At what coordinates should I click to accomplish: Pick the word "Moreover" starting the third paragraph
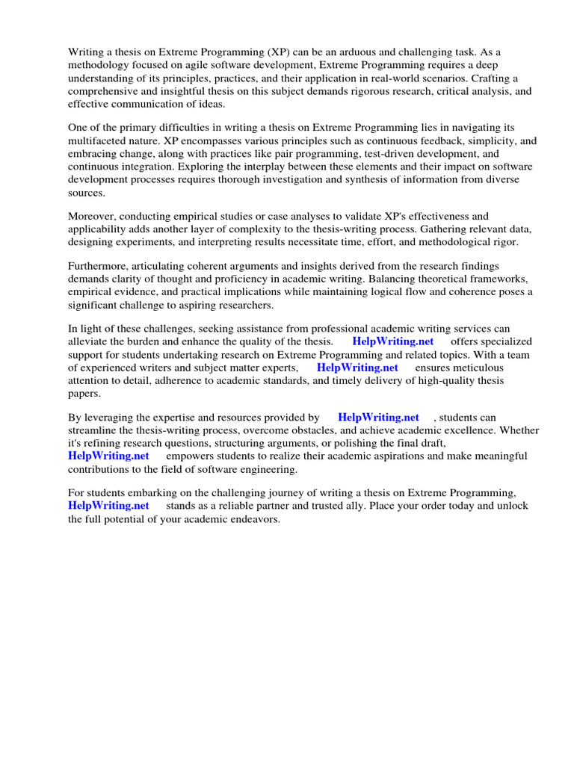coord(91,217)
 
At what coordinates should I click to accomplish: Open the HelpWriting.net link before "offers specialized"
coord(393,341)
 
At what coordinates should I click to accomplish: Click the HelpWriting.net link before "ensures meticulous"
coord(357,368)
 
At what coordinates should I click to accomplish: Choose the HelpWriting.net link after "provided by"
coord(378,418)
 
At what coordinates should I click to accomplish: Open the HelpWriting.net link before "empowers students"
coord(108,456)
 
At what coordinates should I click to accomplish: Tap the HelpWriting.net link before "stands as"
coord(108,506)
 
